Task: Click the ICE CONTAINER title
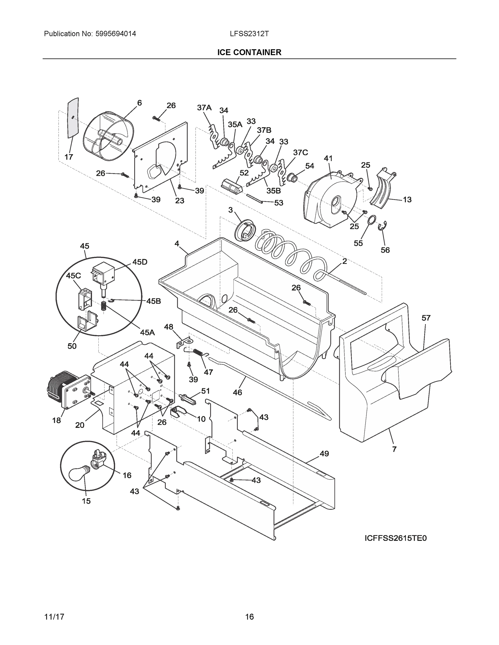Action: pos(249,53)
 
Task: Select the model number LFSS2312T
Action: pos(249,34)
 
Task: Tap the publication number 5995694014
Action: pos(116,34)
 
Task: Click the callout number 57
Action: pos(426,318)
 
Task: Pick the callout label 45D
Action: pos(140,262)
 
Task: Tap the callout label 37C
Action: pos(300,152)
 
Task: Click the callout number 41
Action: pos(328,158)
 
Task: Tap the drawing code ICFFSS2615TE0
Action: pos(395,538)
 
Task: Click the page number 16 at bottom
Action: pos(249,609)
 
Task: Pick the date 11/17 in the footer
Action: pos(54,609)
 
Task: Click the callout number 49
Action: pos(324,454)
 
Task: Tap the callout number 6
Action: pos(139,103)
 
